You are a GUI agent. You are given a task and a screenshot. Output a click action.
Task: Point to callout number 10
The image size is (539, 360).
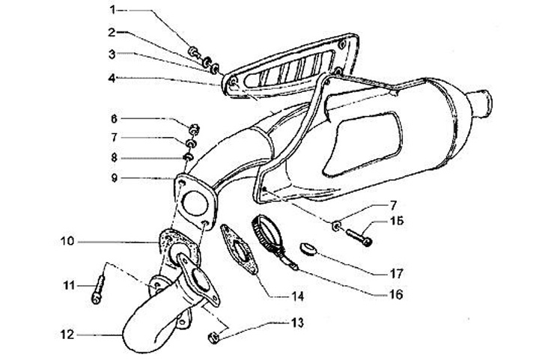pyautogui.click(x=66, y=242)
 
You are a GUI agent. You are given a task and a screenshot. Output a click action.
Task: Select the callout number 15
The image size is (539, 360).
pyautogui.click(x=395, y=222)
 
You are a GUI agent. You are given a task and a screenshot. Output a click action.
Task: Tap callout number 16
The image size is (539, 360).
pyautogui.click(x=395, y=294)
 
